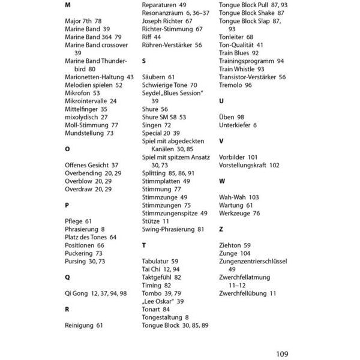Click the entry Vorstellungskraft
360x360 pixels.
[249, 165]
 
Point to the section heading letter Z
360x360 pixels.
[221, 229]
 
